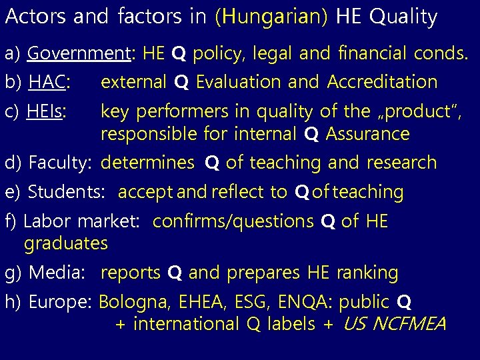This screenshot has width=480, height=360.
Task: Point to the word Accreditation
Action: (382, 82)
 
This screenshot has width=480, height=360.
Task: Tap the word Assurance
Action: (367, 135)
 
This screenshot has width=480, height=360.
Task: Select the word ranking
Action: (367, 273)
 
